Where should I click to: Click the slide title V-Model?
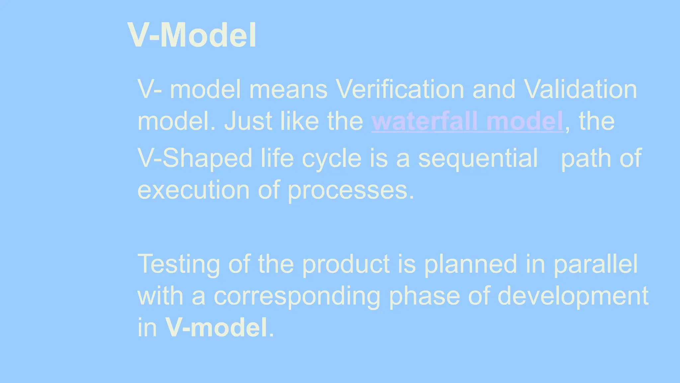pyautogui.click(x=192, y=35)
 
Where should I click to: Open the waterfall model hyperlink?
pyautogui.click(x=467, y=121)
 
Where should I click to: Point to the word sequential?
pyautogui.click(x=478, y=158)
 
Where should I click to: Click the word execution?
pyautogui.click(x=193, y=190)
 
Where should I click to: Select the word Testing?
pyautogui.click(x=179, y=265)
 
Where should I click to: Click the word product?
pyautogui.click(x=346, y=265)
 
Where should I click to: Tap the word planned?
pyautogui.click(x=470, y=265)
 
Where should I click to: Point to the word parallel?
pyautogui.click(x=596, y=265)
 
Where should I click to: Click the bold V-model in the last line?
pyautogui.click(x=216, y=328)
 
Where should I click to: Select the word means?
pyautogui.click(x=288, y=90)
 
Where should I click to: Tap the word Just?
pyautogui.click(x=248, y=121)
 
